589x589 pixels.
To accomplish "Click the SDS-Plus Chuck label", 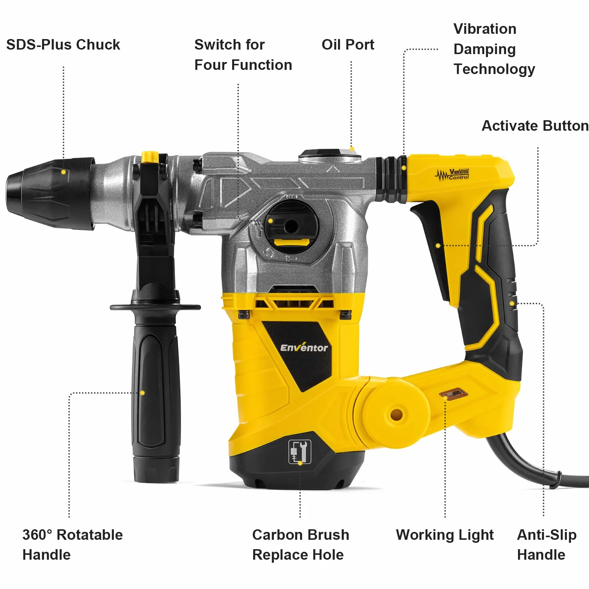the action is tap(63, 45).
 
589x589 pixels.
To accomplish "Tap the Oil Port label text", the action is tap(348, 45).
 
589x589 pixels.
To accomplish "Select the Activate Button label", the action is tap(535, 125).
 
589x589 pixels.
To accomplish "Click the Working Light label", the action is tap(445, 535).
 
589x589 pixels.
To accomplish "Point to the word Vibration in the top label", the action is tap(485, 29).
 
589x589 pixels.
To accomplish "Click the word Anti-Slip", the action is tap(547, 535).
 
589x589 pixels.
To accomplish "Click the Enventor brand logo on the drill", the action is tap(304, 347).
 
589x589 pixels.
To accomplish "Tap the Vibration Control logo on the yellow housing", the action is tap(453, 175).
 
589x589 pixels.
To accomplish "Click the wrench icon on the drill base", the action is tap(300, 452).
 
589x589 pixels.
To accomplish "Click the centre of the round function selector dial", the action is tap(291, 226).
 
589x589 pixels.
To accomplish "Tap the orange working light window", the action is tap(454, 394).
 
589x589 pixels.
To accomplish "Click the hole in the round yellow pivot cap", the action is tap(396, 415).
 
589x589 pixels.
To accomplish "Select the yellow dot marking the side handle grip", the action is tap(142, 393).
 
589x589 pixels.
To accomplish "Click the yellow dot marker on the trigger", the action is tap(438, 246).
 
